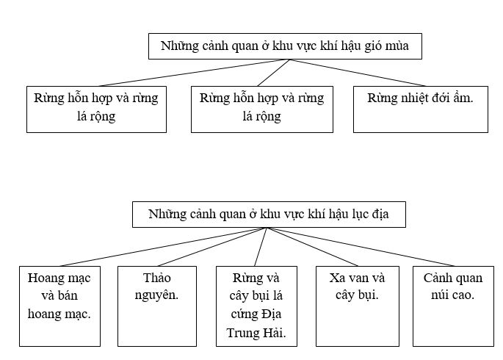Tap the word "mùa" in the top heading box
[x=405, y=47]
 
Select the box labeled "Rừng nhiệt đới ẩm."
[x=420, y=109]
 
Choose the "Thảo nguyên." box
[x=158, y=305]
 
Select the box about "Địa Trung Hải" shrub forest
[x=256, y=305]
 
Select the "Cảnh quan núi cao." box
[x=453, y=305]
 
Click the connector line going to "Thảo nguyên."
[x=211, y=247]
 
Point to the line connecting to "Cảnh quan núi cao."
[x=360, y=247]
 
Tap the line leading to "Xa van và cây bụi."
[x=308, y=247]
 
